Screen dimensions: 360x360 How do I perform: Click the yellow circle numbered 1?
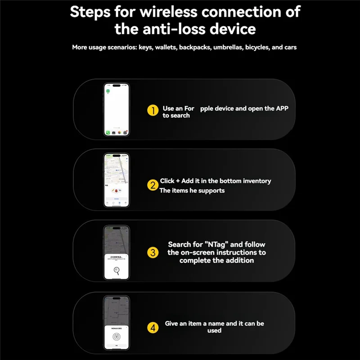(x=154, y=111)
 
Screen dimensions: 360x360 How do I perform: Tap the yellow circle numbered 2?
(x=153, y=184)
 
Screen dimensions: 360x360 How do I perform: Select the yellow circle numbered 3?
(x=153, y=252)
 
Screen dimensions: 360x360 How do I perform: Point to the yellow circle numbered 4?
(x=153, y=327)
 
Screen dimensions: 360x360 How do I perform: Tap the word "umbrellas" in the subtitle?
(x=228, y=47)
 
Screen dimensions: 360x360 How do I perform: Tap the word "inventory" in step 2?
(x=257, y=181)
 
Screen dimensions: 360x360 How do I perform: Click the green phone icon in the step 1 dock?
(x=108, y=133)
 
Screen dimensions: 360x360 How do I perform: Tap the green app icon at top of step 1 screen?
(x=108, y=91)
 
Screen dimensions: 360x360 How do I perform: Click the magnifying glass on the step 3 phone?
(x=117, y=270)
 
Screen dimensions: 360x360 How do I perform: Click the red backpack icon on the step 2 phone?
(x=116, y=191)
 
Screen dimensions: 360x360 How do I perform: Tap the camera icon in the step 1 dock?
(x=120, y=133)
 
